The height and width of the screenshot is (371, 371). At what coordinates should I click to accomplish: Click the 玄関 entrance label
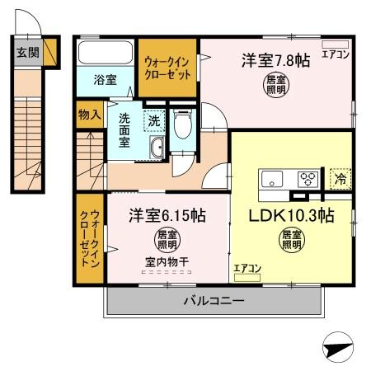point(27,52)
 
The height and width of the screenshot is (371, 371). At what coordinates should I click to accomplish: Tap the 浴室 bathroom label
point(104,80)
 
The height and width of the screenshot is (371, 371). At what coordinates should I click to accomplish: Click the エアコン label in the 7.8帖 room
point(335,55)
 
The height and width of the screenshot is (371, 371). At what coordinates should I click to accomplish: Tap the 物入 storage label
point(90,114)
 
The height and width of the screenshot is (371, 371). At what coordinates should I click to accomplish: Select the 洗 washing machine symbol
point(153,121)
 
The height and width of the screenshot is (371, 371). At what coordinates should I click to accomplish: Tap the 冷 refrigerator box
point(339,176)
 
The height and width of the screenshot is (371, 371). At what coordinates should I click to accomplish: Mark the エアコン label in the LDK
point(247,267)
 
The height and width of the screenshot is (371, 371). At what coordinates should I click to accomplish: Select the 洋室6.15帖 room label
point(167,216)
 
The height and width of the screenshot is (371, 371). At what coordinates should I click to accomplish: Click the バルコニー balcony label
point(214,302)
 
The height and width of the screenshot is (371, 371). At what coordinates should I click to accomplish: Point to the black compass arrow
point(338,350)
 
